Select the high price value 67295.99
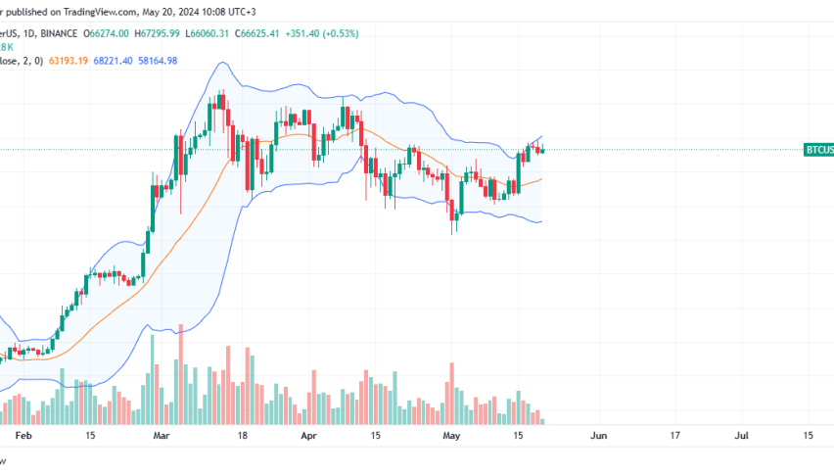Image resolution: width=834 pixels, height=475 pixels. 172,33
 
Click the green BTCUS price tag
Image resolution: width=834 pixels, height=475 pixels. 818,150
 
